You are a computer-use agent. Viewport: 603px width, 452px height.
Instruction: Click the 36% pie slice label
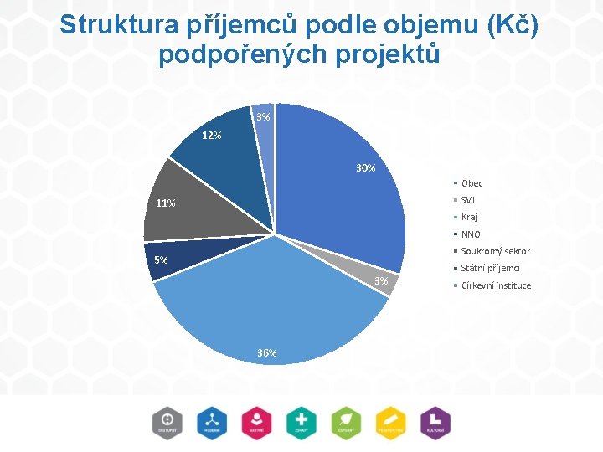(x=267, y=353)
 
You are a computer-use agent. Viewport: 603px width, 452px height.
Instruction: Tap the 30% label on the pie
(x=365, y=168)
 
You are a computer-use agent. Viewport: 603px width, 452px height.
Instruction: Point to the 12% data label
(x=211, y=136)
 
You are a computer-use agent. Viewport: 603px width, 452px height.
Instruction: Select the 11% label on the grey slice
(x=165, y=203)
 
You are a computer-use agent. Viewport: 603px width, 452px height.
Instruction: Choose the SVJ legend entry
(x=468, y=200)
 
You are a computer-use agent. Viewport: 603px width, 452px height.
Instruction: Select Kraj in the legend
(x=469, y=217)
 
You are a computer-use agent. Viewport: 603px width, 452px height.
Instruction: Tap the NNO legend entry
(x=471, y=234)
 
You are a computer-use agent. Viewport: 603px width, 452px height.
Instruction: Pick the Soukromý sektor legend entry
(x=495, y=251)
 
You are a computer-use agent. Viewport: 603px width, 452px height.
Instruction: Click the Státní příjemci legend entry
(x=490, y=268)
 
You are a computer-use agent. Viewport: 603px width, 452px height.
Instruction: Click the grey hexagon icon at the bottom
(x=167, y=422)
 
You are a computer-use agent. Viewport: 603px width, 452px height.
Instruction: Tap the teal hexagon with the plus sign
(x=300, y=422)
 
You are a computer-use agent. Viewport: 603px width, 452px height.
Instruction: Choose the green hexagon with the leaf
(x=345, y=422)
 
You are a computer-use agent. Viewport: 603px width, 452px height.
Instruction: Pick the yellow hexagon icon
(x=390, y=422)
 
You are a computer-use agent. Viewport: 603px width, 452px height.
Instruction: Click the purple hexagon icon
(x=435, y=422)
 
